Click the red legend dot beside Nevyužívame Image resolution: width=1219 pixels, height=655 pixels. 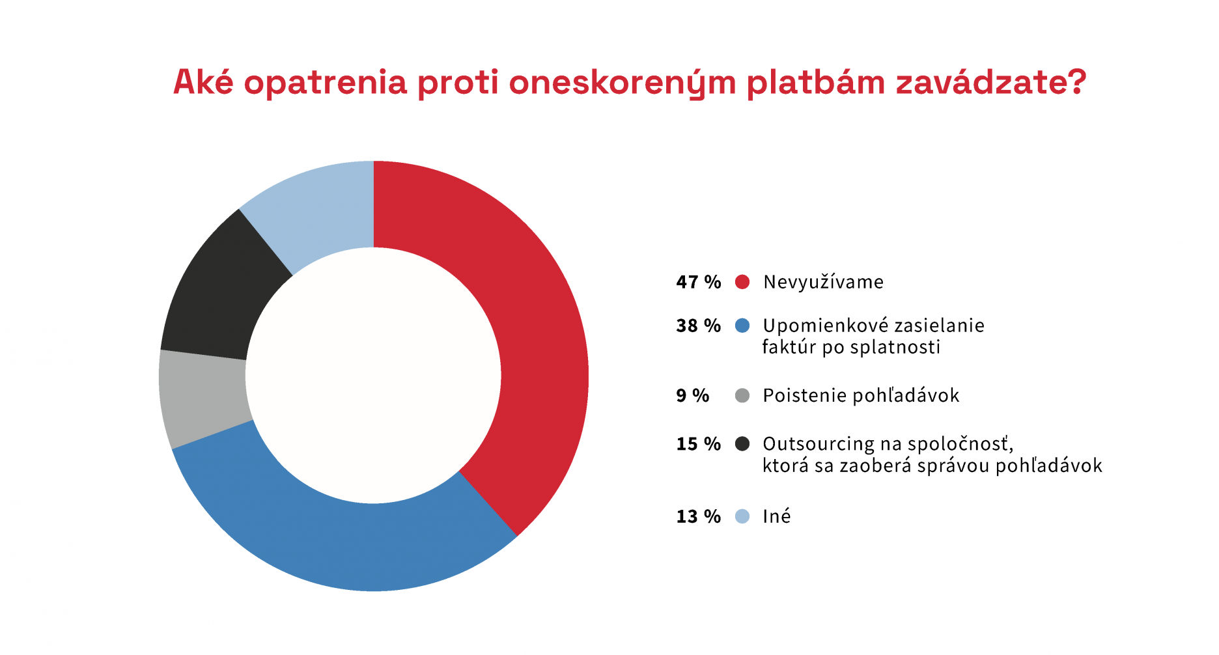[x=742, y=282]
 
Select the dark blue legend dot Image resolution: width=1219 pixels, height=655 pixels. [x=742, y=326]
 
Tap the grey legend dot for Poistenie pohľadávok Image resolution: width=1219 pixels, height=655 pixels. [x=742, y=395]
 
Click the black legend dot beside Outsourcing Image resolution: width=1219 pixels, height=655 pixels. [x=742, y=443]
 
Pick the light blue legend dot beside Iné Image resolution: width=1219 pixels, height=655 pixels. [x=742, y=516]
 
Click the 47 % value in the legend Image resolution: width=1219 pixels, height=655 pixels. [x=699, y=282]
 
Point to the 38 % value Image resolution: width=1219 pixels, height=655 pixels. [x=699, y=326]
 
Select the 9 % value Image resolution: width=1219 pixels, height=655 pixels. [x=693, y=395]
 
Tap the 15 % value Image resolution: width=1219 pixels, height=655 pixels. [x=699, y=443]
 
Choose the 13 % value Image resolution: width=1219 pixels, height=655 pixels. [x=699, y=516]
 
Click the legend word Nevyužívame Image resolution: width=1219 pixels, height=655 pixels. [x=824, y=283]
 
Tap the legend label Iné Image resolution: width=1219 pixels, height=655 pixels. [x=777, y=516]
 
